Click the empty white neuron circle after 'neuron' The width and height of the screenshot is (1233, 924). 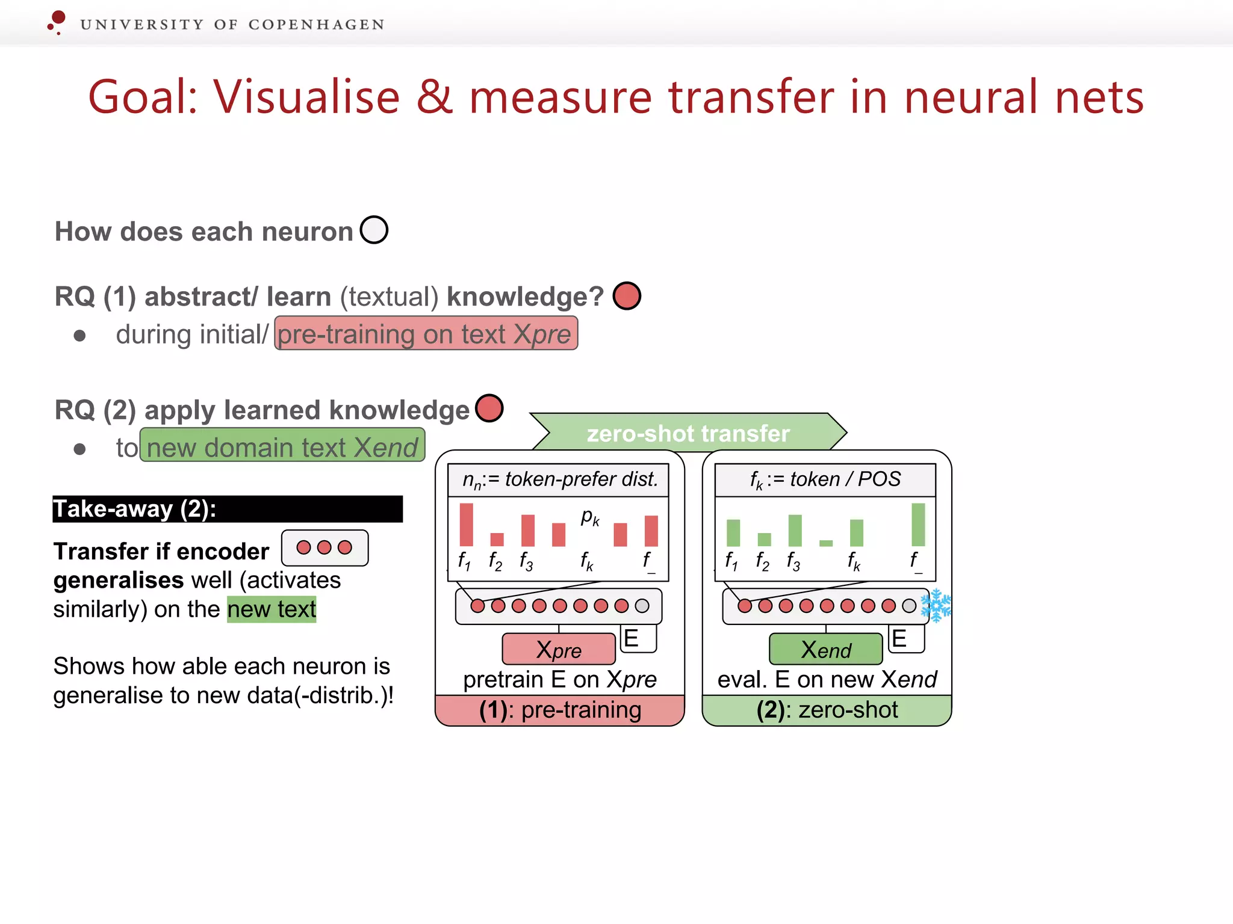[374, 230]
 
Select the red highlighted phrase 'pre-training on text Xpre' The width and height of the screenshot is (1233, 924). [426, 334]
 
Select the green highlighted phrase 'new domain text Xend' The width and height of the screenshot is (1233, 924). [282, 446]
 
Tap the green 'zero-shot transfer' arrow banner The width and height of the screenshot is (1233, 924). [688, 433]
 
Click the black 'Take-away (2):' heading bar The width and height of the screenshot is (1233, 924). [227, 509]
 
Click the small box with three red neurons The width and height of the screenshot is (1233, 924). [325, 547]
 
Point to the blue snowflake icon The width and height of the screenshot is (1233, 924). [936, 605]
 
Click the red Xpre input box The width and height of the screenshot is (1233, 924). [559, 649]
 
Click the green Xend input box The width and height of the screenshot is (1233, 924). [826, 649]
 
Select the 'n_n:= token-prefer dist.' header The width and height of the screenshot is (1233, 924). [558, 479]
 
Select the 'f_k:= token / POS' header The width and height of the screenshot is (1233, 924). [825, 479]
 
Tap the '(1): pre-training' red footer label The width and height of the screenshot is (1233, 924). [559, 710]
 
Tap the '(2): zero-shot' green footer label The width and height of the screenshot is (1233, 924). [827, 710]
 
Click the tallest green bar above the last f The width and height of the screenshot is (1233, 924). [918, 525]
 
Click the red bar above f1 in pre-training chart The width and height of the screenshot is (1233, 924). [466, 525]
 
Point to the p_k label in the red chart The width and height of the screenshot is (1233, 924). [590, 517]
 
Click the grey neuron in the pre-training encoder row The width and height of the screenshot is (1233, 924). [642, 606]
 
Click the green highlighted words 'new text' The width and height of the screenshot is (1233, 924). [272, 609]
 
